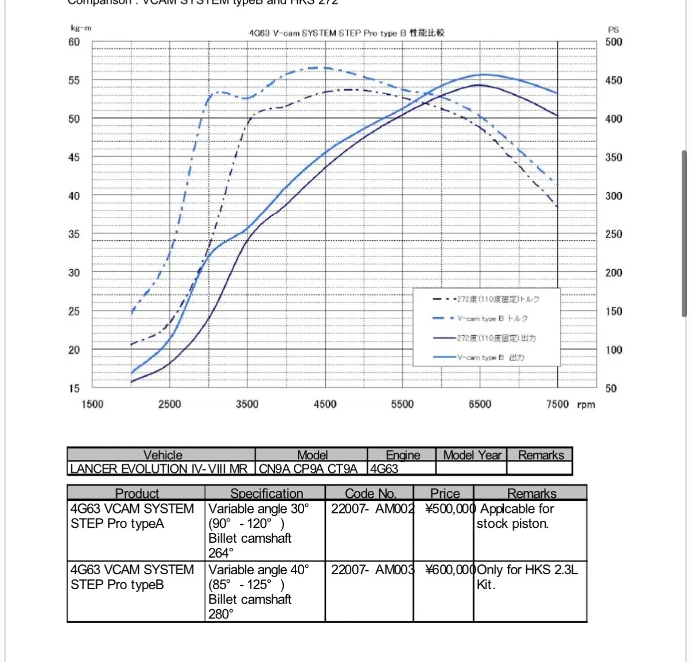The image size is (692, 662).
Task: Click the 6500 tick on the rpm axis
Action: click(480, 404)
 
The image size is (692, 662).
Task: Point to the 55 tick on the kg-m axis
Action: click(74, 80)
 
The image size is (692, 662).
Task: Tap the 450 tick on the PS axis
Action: click(613, 80)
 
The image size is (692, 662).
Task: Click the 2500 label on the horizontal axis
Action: click(169, 404)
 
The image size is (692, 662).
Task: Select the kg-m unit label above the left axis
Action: click(81, 28)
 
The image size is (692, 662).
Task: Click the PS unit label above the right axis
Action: click(613, 29)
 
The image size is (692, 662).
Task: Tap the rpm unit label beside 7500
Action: click(586, 404)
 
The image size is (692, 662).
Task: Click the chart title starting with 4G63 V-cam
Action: click(347, 33)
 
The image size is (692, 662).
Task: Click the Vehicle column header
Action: click(162, 455)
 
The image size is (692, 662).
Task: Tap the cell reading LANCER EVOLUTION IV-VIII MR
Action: click(158, 469)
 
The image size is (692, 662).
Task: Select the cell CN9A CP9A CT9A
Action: click(308, 469)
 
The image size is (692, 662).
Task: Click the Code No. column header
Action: click(370, 493)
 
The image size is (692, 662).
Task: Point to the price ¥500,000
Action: click(450, 509)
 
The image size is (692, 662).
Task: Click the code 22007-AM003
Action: click(372, 570)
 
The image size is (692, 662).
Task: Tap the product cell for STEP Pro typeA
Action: click(132, 516)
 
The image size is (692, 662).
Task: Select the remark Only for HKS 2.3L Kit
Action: click(527, 577)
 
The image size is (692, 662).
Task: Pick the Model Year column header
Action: click(472, 455)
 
